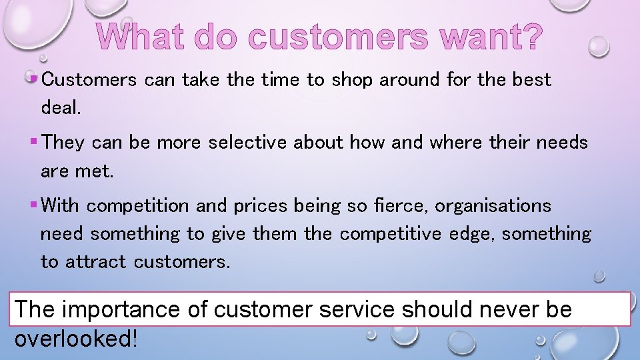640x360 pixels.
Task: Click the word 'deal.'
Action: [61, 108]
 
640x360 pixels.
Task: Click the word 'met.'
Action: [95, 171]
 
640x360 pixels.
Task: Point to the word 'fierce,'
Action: [405, 206]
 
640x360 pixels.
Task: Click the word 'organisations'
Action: [493, 206]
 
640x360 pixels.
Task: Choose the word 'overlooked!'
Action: [76, 338]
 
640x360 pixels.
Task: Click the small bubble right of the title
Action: [599, 46]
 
